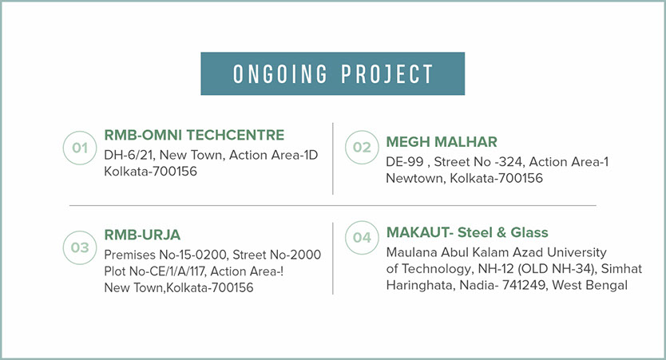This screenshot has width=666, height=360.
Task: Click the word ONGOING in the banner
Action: pos(280,74)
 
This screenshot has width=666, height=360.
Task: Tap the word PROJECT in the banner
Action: pos(387,74)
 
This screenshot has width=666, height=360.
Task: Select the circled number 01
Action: pos(80,148)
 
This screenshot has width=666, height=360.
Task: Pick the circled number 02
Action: pos(362,147)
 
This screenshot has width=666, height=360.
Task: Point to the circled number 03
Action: pos(80,247)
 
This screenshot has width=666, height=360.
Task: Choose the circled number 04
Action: pos(362,237)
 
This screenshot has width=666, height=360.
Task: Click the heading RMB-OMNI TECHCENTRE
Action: pos(194,135)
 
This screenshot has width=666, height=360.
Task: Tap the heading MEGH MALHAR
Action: pos(442,142)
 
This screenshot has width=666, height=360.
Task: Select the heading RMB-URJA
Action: pos(142,235)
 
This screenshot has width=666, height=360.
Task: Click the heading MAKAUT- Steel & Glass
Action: pos(467,232)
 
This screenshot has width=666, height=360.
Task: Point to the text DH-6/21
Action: pos(129,155)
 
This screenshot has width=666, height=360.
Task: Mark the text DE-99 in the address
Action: pos(405,162)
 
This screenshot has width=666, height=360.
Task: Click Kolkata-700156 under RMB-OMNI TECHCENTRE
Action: pos(150,171)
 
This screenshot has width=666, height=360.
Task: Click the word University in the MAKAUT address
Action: pos(577,252)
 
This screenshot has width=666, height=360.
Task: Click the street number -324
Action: pos(505,162)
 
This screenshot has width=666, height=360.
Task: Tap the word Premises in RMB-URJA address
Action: pos(129,255)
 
